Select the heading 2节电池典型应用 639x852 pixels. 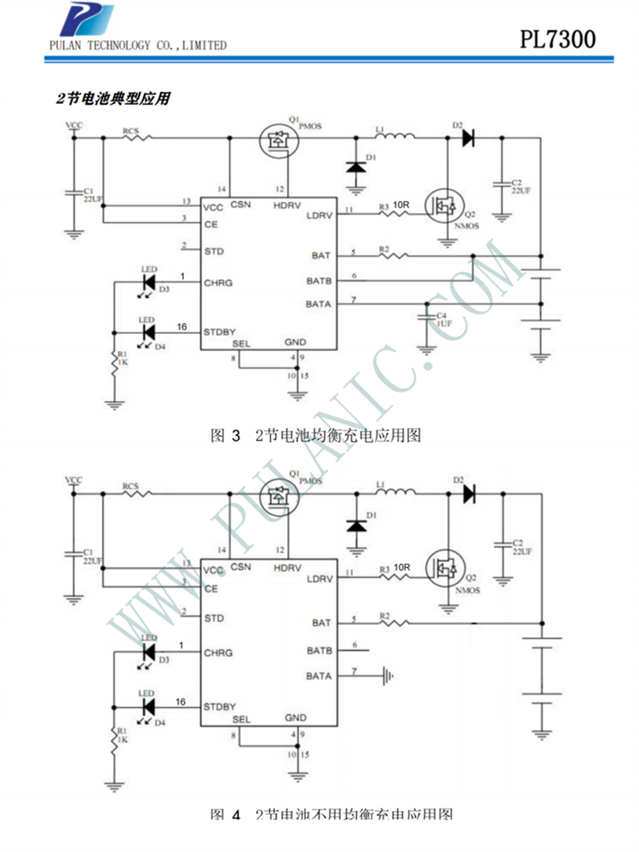click(x=112, y=99)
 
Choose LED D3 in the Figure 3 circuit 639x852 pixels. click(x=147, y=279)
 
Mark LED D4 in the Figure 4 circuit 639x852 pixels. click(x=147, y=706)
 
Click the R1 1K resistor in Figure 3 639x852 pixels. click(x=114, y=362)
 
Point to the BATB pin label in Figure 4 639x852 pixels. click(x=319, y=651)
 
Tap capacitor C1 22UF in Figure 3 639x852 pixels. click(x=73, y=196)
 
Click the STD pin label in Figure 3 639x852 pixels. click(x=214, y=251)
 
